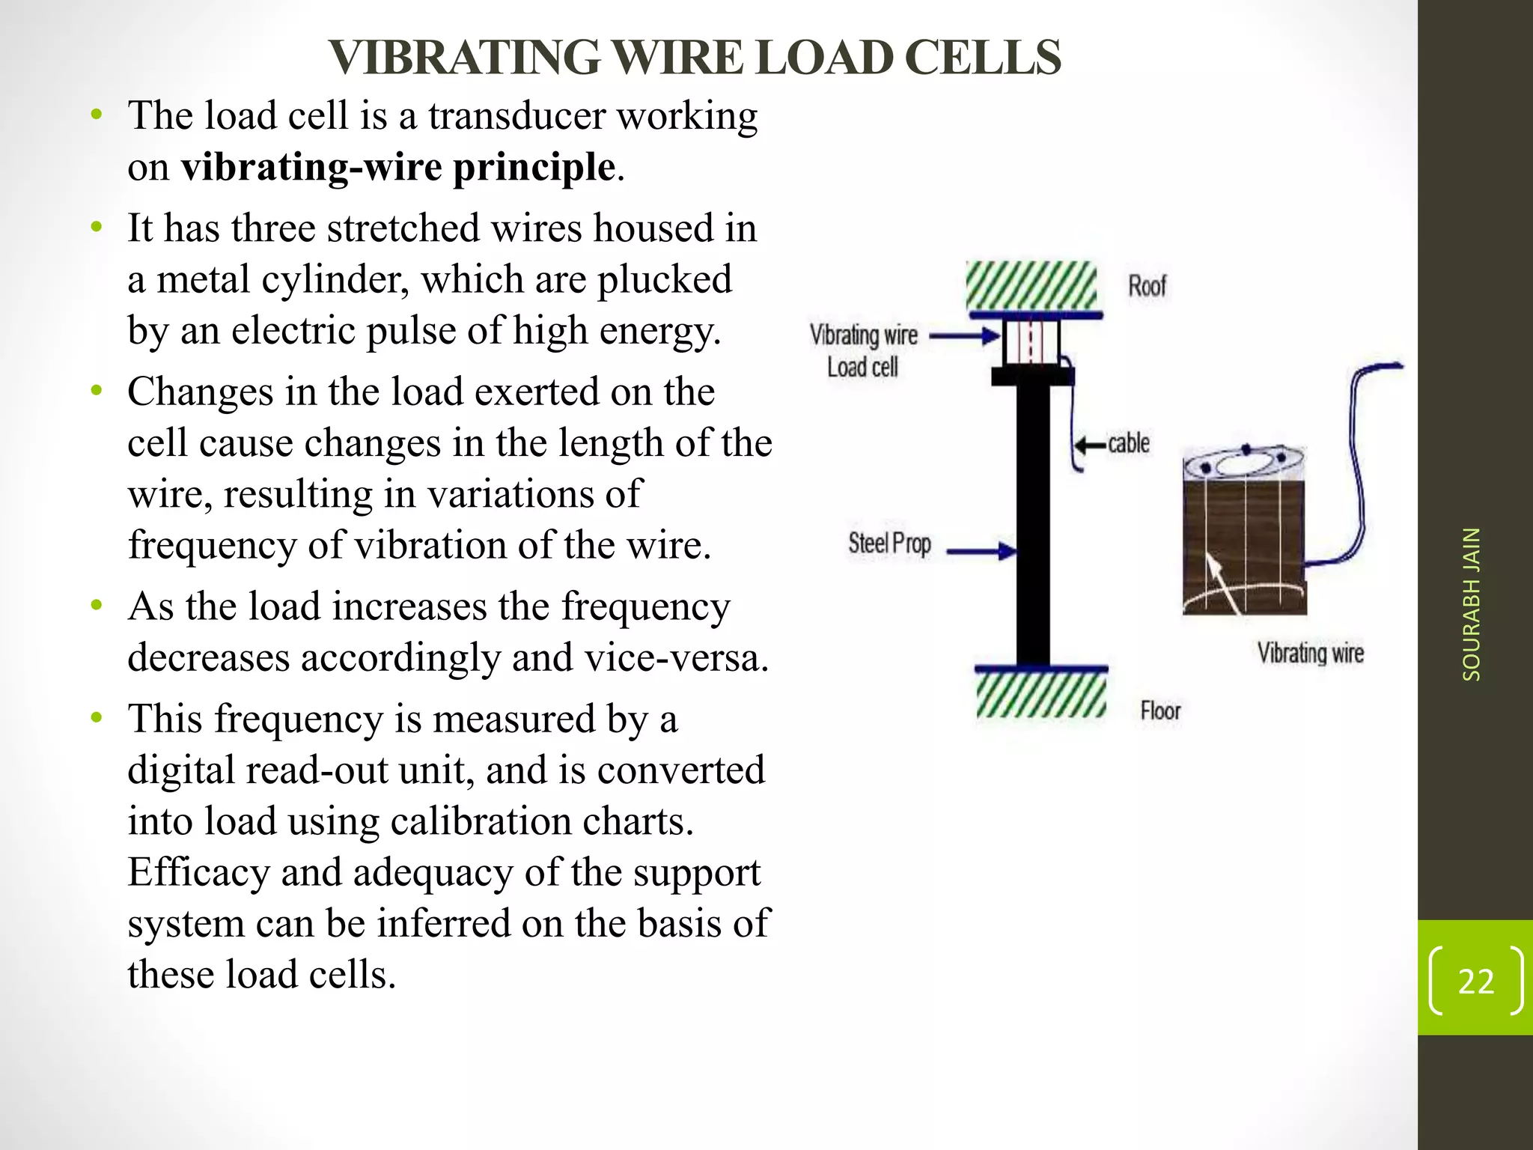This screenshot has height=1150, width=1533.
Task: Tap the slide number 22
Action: click(1475, 982)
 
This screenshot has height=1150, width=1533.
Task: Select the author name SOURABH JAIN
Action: click(1472, 603)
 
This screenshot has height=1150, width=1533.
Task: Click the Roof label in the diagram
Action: click(1147, 286)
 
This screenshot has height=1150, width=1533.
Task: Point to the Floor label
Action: click(1160, 711)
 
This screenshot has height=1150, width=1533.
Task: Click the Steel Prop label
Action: click(889, 544)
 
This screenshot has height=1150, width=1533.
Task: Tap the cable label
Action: click(1129, 443)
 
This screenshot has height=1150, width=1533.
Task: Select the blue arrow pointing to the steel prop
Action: click(981, 553)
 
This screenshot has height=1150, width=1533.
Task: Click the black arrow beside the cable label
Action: click(1089, 445)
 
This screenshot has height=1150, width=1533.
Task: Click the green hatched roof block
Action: click(1031, 286)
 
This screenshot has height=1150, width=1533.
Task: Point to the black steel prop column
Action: click(1033, 524)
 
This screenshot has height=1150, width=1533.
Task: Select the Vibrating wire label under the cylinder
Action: click(1310, 653)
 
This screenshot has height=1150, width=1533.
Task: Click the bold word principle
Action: click(534, 167)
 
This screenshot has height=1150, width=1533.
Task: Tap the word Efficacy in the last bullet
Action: click(198, 873)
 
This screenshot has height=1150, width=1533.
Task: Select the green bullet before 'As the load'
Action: click(96, 605)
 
